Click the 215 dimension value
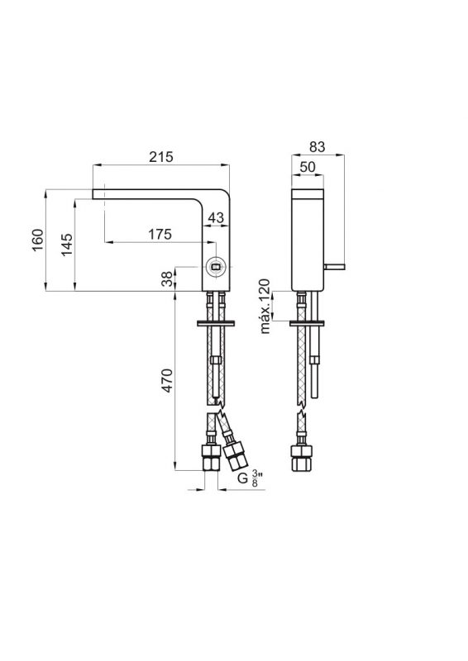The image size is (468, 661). [x=161, y=156]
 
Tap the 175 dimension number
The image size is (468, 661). [x=160, y=234]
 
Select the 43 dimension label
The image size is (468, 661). [x=216, y=217]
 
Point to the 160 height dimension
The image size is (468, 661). [x=38, y=240]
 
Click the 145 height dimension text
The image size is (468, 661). [x=66, y=245]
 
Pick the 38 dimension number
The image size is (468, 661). [x=168, y=278]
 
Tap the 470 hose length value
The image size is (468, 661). [x=168, y=381]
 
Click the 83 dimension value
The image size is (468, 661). [x=318, y=147]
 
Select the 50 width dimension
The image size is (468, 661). [x=308, y=167]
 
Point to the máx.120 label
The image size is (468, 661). [x=265, y=306]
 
